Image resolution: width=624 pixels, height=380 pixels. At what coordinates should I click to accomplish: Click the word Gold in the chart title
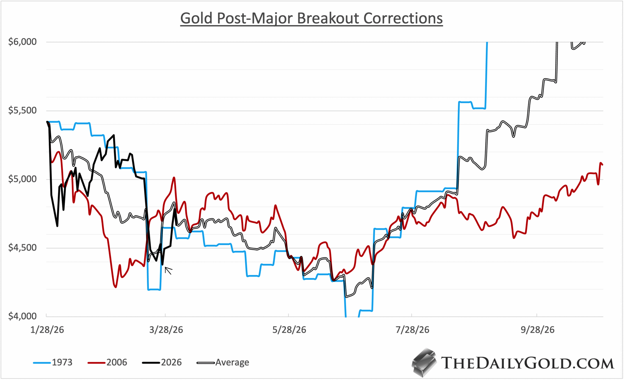point(196,18)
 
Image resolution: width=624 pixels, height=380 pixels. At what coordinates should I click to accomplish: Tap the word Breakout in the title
point(329,18)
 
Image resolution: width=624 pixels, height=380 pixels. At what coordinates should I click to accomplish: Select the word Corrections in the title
point(403,18)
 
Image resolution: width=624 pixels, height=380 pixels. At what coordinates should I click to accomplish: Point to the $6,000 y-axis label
point(22,42)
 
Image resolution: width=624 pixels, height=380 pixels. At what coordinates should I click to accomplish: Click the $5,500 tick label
point(22,110)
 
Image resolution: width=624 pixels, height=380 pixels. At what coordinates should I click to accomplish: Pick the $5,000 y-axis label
point(22,179)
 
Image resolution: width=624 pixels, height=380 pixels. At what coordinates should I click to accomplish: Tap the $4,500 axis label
point(22,247)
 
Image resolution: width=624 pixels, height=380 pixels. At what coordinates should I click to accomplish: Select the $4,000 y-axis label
point(22,316)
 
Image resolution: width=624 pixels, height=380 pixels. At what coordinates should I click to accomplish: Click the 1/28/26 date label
point(47,330)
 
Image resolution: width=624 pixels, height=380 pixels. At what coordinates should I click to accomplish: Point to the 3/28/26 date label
point(166,330)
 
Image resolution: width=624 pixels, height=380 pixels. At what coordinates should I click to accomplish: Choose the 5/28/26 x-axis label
point(289,330)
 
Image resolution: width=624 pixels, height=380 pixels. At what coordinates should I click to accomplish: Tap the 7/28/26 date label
point(412,330)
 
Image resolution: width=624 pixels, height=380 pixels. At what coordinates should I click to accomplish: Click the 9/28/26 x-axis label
point(537,330)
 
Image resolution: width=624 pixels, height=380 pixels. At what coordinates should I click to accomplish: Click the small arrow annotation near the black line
point(168,271)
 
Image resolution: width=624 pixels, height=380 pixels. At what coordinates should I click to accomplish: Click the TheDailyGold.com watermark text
point(527,363)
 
